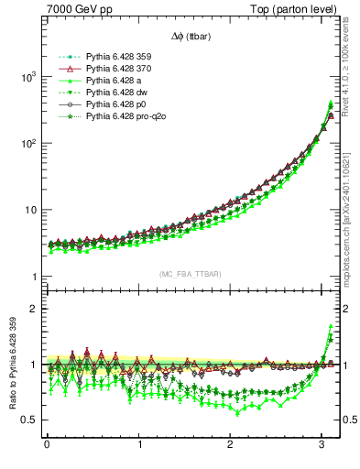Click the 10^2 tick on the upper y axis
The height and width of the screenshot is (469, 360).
point(27,144)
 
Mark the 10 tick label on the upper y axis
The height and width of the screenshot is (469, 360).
point(29,210)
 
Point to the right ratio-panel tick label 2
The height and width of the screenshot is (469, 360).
point(349,309)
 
